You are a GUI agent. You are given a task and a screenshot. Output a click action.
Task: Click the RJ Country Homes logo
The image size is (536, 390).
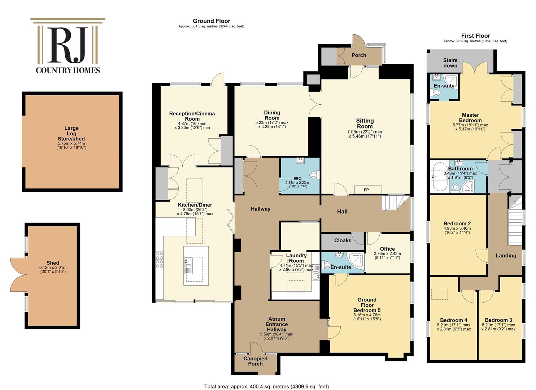pos(68,46)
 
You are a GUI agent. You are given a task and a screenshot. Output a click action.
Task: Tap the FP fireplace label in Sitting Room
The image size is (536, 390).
pos(366,190)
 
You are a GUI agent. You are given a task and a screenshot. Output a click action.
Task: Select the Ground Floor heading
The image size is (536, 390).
pos(211,21)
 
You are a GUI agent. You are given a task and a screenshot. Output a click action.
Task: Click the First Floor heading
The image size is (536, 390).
pos(475,36)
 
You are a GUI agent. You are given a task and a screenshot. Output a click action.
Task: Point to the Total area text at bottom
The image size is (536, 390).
pos(266,386)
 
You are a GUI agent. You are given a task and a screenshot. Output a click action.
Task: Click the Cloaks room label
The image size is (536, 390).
pos(343,240)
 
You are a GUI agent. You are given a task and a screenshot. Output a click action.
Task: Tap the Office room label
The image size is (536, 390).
pos(387,249)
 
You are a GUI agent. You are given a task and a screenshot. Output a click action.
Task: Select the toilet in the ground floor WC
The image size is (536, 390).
pos(314,175)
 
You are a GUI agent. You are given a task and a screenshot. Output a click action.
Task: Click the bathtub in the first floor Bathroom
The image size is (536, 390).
pos(439,177)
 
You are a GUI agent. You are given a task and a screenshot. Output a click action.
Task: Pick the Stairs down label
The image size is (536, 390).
pos(450,63)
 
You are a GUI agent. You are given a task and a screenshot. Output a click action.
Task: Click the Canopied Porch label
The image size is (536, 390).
pos(255,361)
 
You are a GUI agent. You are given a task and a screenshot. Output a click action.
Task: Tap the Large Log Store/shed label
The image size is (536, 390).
pos(71,133)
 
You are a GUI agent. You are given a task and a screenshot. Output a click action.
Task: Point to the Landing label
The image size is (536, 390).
pos(506,255)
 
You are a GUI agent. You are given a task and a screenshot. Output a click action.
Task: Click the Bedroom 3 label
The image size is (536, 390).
pos(498,320)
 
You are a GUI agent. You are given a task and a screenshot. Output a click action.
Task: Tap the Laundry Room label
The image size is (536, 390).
pos(296,258)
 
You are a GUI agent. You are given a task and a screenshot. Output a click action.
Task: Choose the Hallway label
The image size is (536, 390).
pos(260,209)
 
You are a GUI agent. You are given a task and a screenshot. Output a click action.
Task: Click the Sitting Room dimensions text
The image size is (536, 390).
pos(365,134)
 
